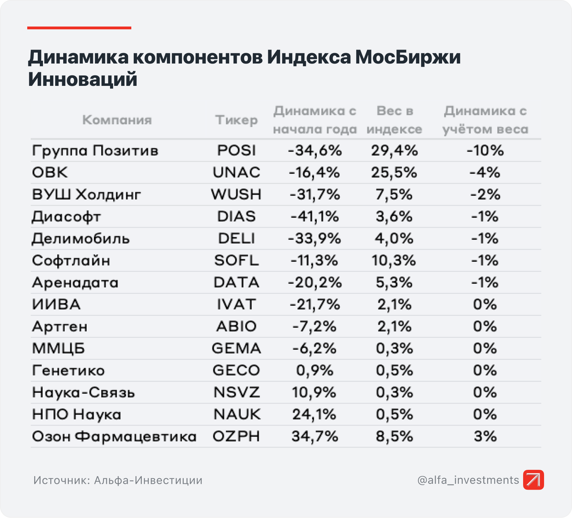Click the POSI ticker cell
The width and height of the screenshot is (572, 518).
236,150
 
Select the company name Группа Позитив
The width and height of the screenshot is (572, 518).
95,151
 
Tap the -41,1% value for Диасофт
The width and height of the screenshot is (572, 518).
315,216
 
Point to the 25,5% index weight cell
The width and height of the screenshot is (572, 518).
394,172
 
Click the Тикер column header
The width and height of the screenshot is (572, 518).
236,120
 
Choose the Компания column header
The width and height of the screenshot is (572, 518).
117,120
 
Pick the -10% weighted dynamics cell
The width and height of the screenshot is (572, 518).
485,150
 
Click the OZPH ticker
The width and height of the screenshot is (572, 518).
236,436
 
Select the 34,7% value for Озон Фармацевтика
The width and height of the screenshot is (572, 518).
315,436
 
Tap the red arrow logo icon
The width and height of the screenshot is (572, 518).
533,480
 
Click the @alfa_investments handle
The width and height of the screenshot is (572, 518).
468,480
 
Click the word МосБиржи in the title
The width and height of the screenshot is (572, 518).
408,57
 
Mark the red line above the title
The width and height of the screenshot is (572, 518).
79,28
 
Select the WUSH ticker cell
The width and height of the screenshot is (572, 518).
236,194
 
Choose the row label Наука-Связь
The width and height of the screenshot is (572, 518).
83,392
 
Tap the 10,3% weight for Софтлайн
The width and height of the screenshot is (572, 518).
394,260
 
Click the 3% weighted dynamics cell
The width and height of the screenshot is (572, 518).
485,436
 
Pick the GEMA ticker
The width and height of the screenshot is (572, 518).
236,348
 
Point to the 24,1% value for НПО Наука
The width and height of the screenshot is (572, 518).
314,414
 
